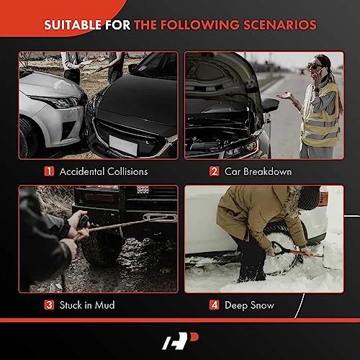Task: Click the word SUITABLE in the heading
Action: coord(73,25)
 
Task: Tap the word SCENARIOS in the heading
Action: coord(280,25)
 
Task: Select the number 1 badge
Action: coord(49,171)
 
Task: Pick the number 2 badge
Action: coord(214,171)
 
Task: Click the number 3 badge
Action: coord(49,305)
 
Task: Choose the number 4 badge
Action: coord(214,305)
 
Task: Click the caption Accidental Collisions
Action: coord(104,171)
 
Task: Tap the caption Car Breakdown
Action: coord(258,171)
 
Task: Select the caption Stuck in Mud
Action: coord(87,305)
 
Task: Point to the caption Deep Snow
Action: coord(249,305)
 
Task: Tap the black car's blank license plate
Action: coord(123,145)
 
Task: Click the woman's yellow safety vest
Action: coord(322,115)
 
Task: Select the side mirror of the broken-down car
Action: coord(271,104)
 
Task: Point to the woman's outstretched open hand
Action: coord(285,96)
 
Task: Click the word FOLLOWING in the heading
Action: coord(200,25)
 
